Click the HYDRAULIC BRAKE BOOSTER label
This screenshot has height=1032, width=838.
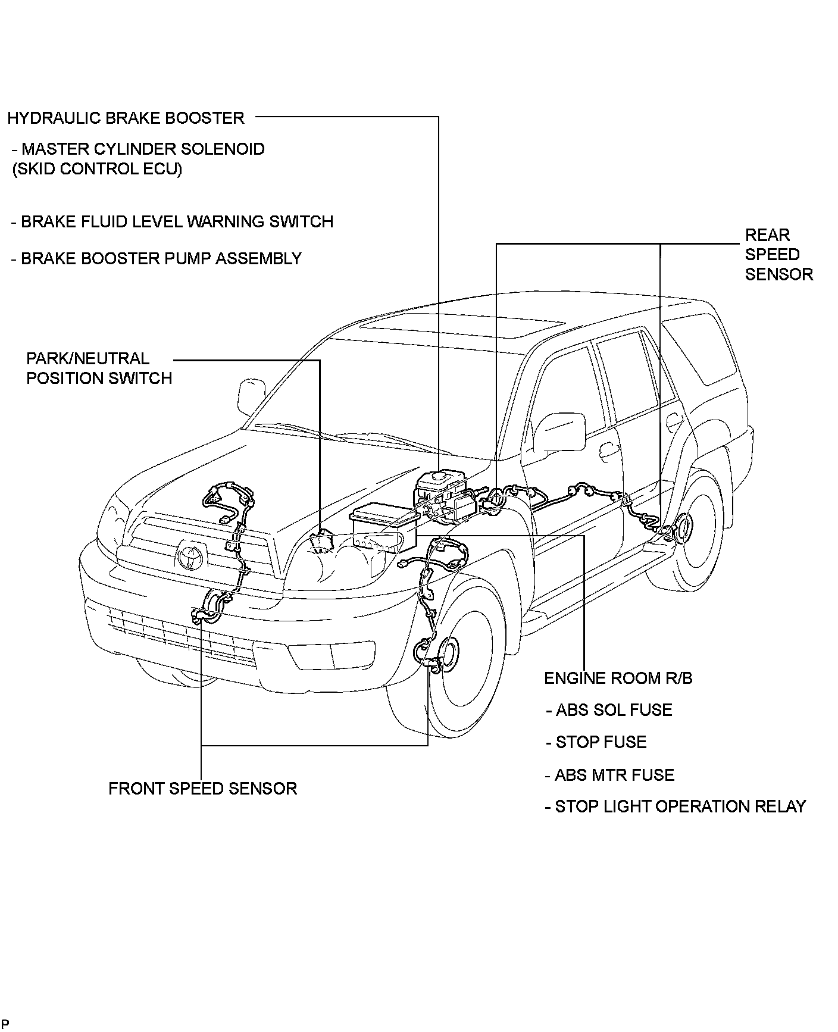[126, 118]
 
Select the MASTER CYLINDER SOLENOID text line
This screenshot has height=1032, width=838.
[138, 149]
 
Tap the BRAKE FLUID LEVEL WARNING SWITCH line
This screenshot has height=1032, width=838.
[172, 222]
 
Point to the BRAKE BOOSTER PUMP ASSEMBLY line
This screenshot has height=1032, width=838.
[157, 259]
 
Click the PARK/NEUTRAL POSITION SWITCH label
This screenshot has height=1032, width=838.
[99, 368]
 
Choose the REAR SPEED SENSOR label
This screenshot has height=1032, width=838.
[778, 255]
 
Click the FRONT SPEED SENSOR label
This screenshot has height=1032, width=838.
[202, 789]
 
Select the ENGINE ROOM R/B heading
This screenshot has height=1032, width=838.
[618, 678]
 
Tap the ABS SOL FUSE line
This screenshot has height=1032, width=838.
[609, 710]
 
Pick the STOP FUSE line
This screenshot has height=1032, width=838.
[596, 742]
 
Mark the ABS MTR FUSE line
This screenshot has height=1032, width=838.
[609, 775]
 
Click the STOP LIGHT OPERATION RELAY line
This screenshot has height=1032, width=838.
[675, 807]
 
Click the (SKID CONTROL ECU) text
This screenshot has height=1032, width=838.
[98, 169]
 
